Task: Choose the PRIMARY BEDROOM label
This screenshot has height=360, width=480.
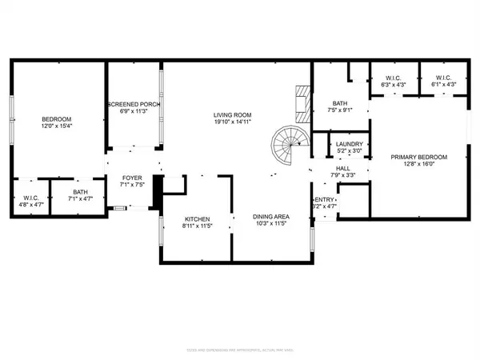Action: pyautogui.click(x=418, y=158)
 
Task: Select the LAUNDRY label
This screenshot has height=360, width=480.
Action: pyautogui.click(x=349, y=144)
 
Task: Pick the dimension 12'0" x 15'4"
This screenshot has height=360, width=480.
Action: pyautogui.click(x=57, y=126)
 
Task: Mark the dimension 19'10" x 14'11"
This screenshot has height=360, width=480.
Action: pyautogui.click(x=233, y=122)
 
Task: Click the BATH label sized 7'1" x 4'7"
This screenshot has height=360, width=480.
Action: pyautogui.click(x=80, y=191)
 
